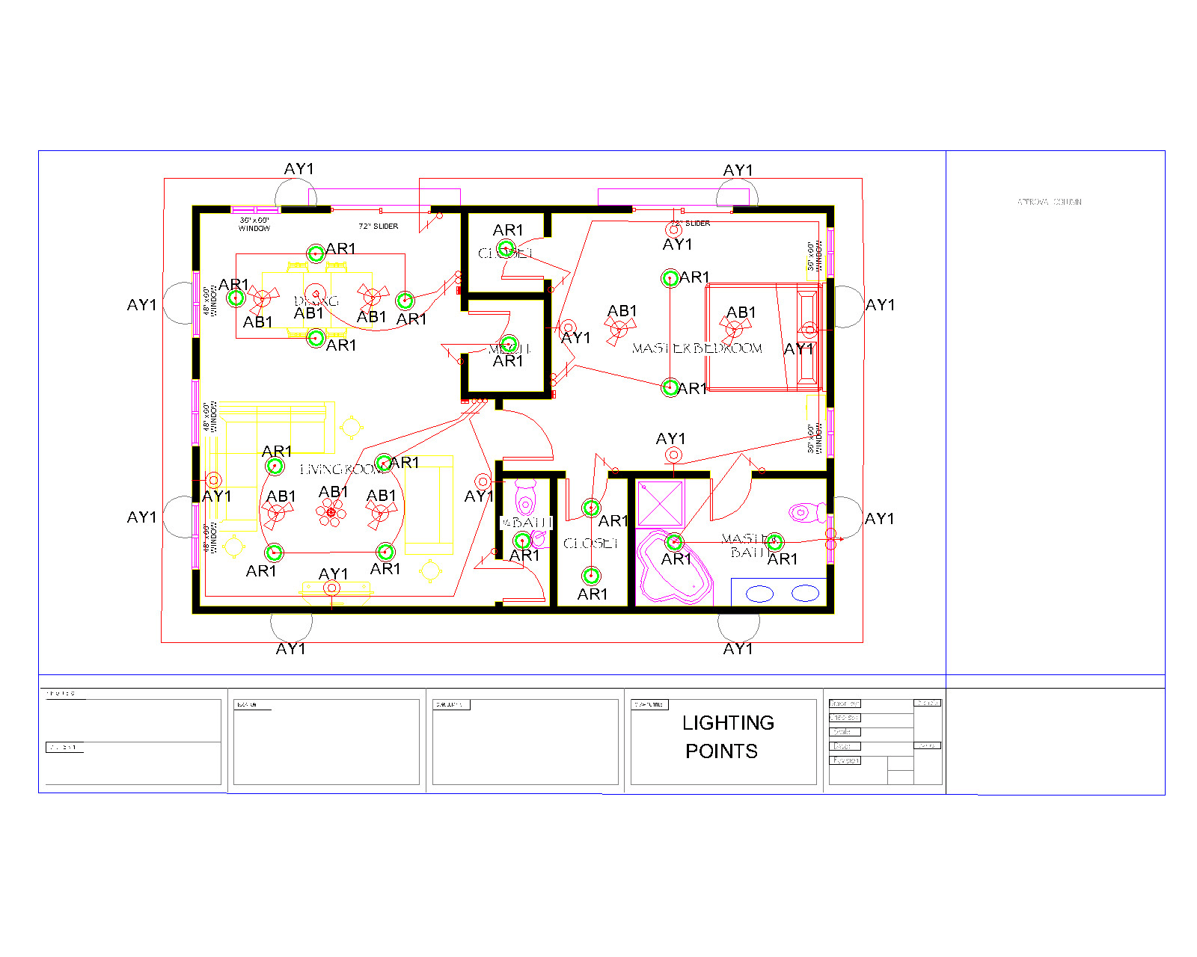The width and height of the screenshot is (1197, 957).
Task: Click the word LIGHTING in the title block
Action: [727, 723]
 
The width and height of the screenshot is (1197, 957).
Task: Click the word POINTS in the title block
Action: [721, 751]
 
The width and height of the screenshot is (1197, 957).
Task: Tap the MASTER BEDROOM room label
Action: [697, 348]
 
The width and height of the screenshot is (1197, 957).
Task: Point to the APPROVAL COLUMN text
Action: [1049, 202]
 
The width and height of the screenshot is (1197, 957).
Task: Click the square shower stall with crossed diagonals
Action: [660, 503]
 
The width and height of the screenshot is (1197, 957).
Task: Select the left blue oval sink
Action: [759, 594]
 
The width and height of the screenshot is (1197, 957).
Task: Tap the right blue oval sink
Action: [805, 594]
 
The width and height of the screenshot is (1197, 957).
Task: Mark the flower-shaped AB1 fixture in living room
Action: [331, 512]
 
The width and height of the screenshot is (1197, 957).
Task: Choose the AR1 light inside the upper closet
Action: [506, 249]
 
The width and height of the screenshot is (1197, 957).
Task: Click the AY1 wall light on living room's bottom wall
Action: [331, 588]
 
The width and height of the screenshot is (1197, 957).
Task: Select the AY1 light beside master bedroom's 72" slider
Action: [673, 230]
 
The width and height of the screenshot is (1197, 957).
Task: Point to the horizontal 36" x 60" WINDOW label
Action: [254, 224]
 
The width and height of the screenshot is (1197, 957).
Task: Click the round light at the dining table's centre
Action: [316, 293]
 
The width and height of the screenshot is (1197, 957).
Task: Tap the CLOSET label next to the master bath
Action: [590, 544]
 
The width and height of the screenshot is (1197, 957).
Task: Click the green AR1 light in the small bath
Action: [522, 540]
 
